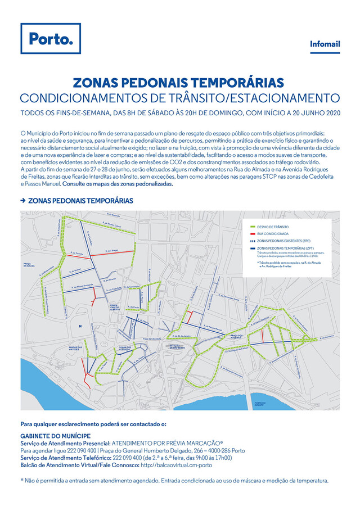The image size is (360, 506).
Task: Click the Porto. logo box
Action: coord(50,39)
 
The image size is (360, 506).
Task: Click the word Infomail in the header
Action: coord(325,44)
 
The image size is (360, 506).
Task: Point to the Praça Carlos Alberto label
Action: coord(117,308)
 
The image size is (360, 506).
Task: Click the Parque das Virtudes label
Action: coord(75,349)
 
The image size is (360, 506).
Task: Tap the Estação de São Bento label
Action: coord(170,346)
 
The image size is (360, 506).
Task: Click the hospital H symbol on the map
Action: coord(80,326)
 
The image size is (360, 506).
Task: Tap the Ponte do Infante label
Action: coord(259,403)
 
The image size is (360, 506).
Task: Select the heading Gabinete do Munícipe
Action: coord(55,436)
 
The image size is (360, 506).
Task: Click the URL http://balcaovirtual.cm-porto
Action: coord(176,465)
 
